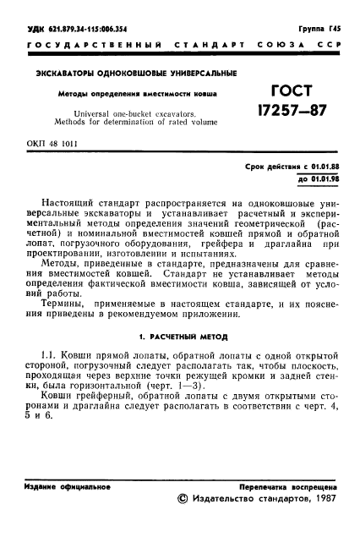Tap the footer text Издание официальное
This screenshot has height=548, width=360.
63,487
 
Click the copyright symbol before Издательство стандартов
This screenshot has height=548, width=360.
179,500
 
